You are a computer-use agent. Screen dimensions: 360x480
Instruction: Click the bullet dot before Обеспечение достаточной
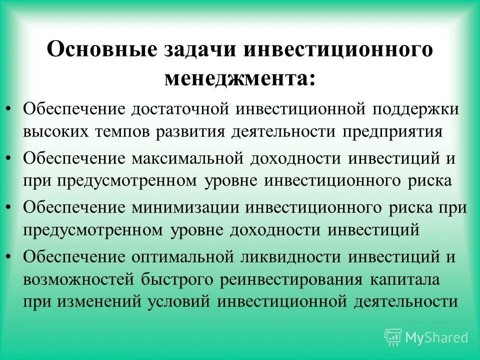11,108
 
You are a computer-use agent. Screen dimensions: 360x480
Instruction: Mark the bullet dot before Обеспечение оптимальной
11,256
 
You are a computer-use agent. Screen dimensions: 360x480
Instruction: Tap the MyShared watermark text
436,337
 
